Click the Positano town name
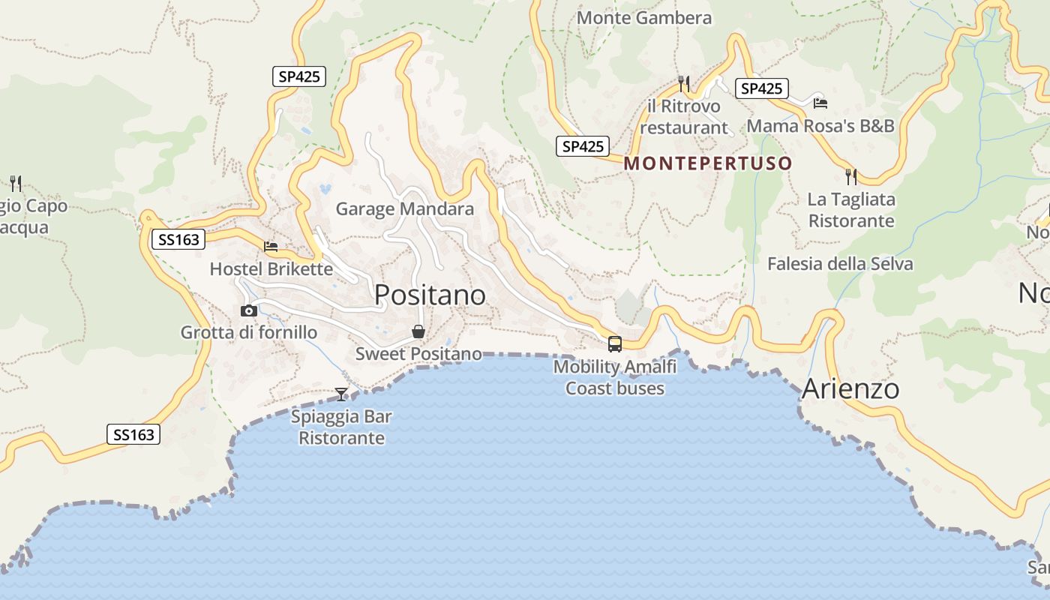click(430, 295)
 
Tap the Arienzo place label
click(850, 389)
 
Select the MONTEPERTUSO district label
click(707, 163)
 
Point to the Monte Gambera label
click(644, 17)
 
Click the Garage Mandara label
click(404, 208)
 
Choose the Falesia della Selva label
click(840, 263)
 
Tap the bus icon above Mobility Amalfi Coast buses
click(615, 344)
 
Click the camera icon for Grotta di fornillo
click(249, 310)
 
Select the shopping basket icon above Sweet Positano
click(418, 331)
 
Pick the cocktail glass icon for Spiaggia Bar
click(341, 394)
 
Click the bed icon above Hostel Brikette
click(271, 246)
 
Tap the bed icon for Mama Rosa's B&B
click(820, 103)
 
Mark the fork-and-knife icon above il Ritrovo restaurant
click(683, 82)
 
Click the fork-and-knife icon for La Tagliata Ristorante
click(851, 177)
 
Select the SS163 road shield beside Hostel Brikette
click(179, 240)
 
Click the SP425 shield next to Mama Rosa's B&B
click(761, 88)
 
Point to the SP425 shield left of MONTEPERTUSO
click(582, 146)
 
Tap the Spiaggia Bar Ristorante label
click(341, 427)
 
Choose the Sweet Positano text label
click(418, 353)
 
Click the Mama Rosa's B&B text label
click(820, 125)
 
